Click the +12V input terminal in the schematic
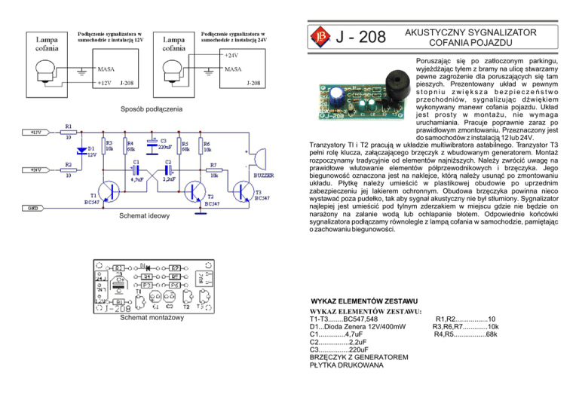pyautogui.click(x=39, y=132)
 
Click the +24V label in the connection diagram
pyautogui.click(x=233, y=54)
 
